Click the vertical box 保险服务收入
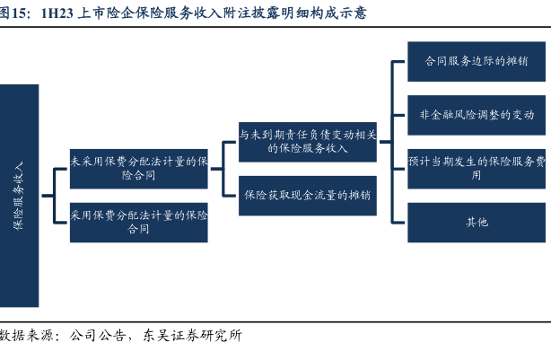click(x=19, y=196)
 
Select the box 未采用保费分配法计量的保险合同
click(x=139, y=169)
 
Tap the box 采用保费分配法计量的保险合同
click(x=139, y=223)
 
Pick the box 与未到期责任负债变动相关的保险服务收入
click(x=308, y=142)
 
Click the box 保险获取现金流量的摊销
click(x=308, y=196)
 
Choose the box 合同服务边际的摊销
click(x=477, y=62)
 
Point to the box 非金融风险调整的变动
click(x=477, y=115)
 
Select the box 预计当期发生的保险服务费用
click(x=477, y=169)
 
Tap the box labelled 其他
click(x=477, y=223)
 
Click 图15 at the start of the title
click(x=13, y=13)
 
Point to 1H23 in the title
click(x=57, y=13)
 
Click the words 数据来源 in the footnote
click(x=26, y=336)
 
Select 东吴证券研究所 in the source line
click(x=193, y=336)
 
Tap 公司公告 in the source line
click(x=97, y=336)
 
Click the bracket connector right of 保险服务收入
click(x=54, y=196)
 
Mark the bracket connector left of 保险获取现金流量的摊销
click(x=223, y=169)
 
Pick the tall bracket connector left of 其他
click(x=392, y=142)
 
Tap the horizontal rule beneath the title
click(x=275, y=27)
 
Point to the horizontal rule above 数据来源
click(x=275, y=321)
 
